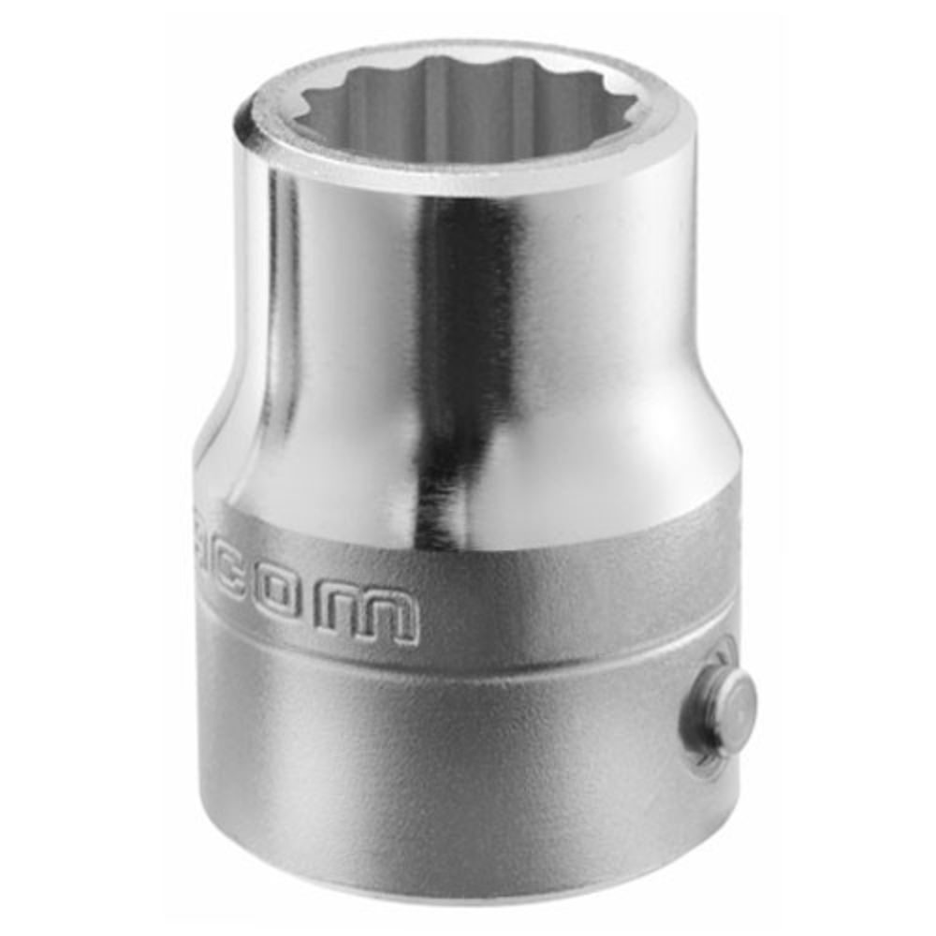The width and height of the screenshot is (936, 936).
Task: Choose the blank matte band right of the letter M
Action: click(562, 599)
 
